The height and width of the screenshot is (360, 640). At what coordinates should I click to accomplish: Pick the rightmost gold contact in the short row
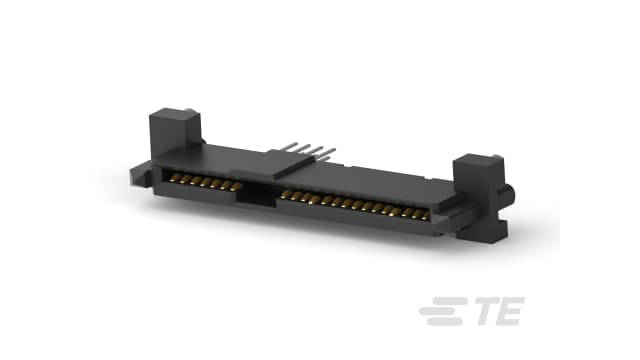[x=240, y=188]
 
